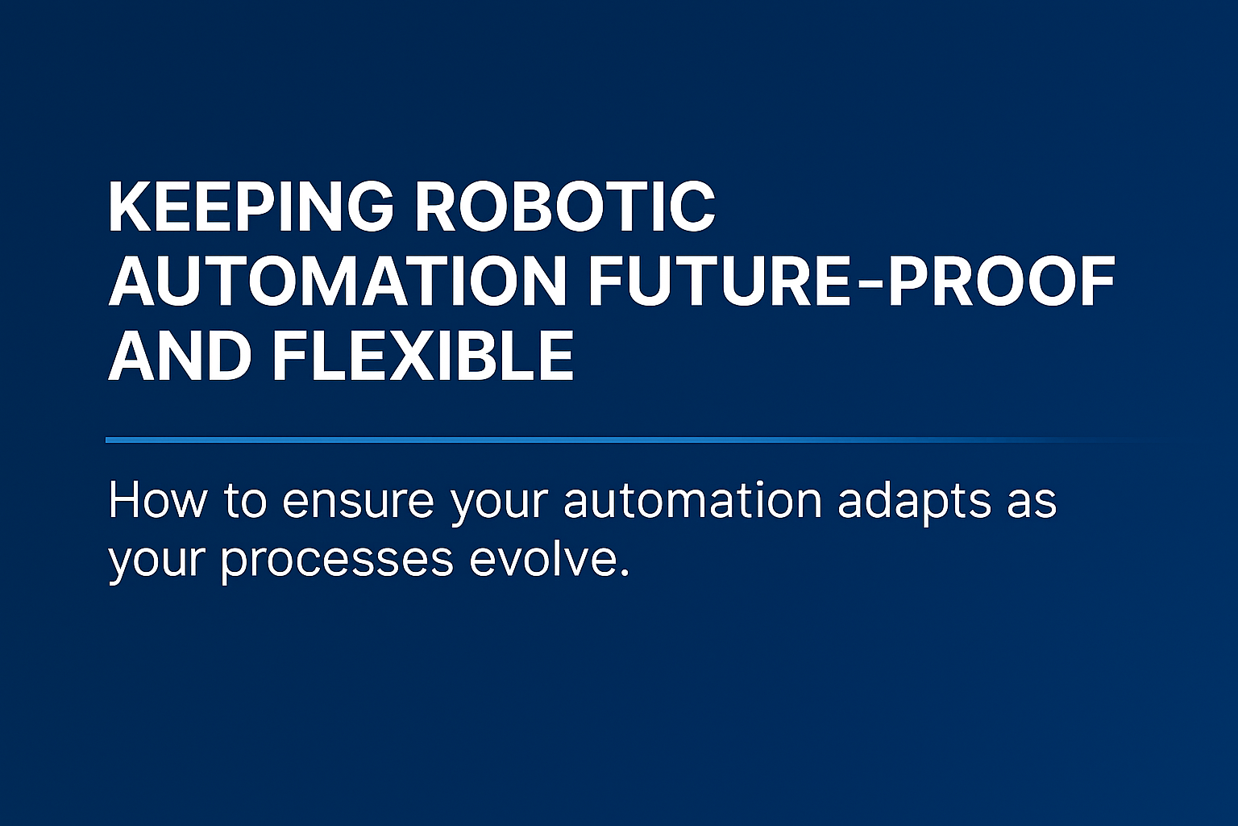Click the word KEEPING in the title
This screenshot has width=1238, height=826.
pyautogui.click(x=251, y=206)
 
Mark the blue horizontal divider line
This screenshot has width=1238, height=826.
pyautogui.click(x=636, y=440)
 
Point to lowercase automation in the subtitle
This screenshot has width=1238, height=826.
pyautogui.click(x=693, y=501)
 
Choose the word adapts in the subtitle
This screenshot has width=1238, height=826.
pyautogui.click(x=915, y=503)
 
